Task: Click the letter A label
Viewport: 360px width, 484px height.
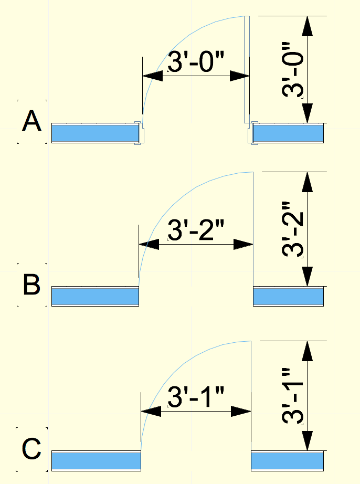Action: pos(31,122)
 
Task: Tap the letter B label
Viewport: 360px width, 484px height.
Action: pos(31,286)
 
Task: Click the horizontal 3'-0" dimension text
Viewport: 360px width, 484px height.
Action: pos(195,62)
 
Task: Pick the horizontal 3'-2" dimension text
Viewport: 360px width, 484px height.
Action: pos(195,230)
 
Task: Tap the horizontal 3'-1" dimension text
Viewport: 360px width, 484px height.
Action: pos(195,398)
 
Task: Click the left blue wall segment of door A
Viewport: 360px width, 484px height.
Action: pos(93,133)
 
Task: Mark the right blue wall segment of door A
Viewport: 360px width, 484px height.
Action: pos(288,133)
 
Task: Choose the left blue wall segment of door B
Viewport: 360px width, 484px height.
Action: pos(94,297)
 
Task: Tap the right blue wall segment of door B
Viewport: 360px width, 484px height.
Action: pos(288,297)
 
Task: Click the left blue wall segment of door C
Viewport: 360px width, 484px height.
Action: pos(96,460)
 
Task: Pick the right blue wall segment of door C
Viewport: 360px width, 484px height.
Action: pos(287,460)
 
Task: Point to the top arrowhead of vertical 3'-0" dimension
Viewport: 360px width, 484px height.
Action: pos(307,26)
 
